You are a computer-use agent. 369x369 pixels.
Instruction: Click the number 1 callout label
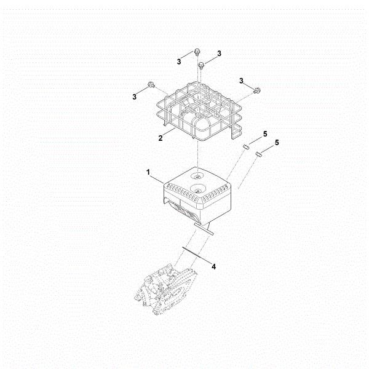pyautogui.click(x=148, y=172)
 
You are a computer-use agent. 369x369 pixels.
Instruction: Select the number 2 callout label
pyautogui.click(x=161, y=138)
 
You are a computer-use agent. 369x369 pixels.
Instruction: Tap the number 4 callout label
pyautogui.click(x=213, y=267)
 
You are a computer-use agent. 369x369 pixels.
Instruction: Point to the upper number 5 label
pyautogui.click(x=265, y=134)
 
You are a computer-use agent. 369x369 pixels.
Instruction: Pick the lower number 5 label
pyautogui.click(x=277, y=143)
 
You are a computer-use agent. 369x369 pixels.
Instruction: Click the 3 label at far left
pyautogui.click(x=134, y=97)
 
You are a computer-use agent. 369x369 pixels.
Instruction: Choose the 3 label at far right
pyautogui.click(x=241, y=81)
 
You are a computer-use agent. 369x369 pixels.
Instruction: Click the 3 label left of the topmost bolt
pyautogui.click(x=179, y=61)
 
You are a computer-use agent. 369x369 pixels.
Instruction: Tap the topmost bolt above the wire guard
pyautogui.click(x=197, y=52)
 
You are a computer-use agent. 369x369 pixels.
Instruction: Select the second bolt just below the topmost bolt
pyautogui.click(x=201, y=65)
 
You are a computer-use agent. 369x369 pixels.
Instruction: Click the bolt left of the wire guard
pyautogui.click(x=151, y=85)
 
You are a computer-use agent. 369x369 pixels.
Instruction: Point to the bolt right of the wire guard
pyautogui.click(x=256, y=90)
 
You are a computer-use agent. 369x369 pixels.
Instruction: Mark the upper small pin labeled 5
pyautogui.click(x=245, y=146)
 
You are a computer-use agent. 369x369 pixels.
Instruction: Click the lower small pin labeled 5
pyautogui.click(x=259, y=154)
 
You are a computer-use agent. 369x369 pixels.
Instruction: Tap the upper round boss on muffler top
pyautogui.click(x=197, y=176)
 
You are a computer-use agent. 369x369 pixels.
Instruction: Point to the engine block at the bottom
pyautogui.click(x=167, y=289)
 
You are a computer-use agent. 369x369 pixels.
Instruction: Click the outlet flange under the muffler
pyautogui.click(x=204, y=229)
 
